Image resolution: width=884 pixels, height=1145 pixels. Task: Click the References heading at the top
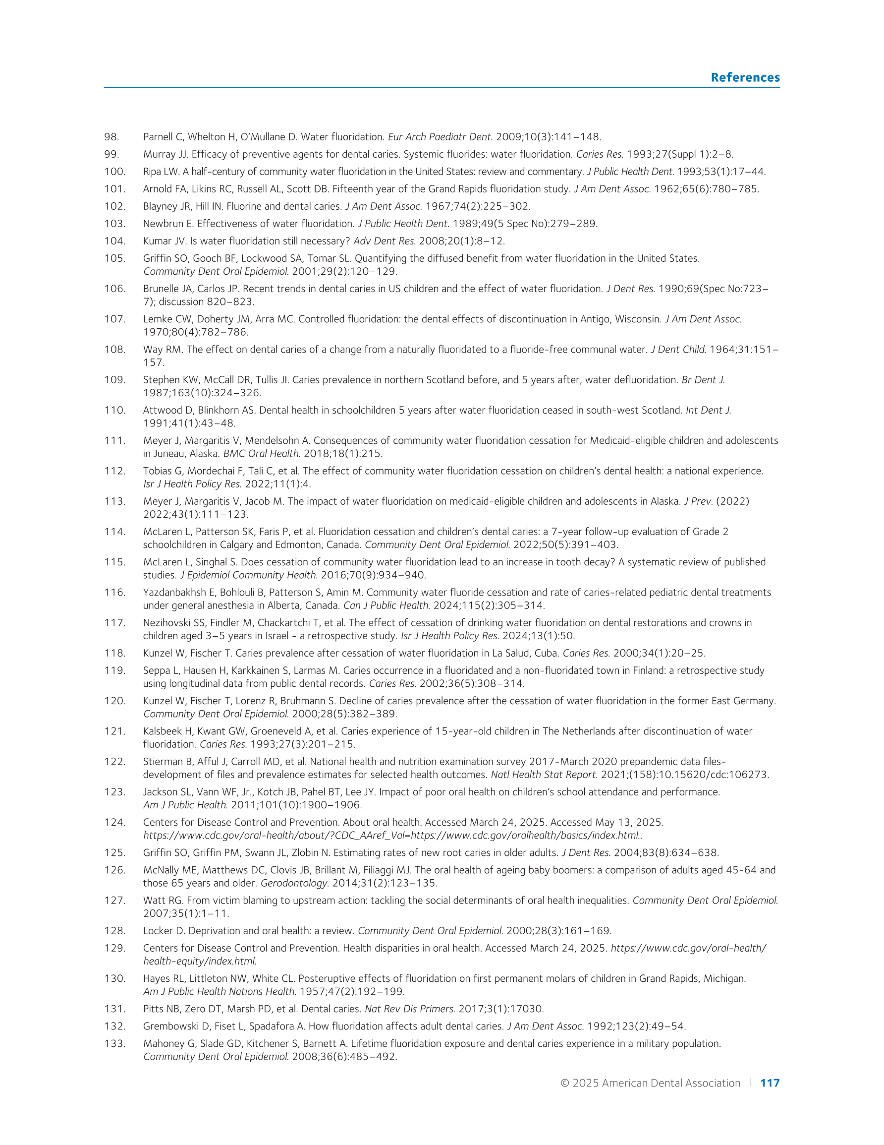pos(745,77)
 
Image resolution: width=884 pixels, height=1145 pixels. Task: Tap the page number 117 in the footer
pos(769,1083)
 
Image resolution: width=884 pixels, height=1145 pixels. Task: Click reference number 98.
pos(111,137)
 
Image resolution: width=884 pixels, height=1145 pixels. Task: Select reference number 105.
pos(115,258)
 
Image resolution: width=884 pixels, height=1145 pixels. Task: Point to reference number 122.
pos(115,761)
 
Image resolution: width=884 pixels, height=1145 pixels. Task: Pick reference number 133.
pos(115,1043)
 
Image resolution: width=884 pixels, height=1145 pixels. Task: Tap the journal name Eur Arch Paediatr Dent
pos(440,137)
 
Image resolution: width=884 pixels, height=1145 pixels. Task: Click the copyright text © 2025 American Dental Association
pos(650,1083)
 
